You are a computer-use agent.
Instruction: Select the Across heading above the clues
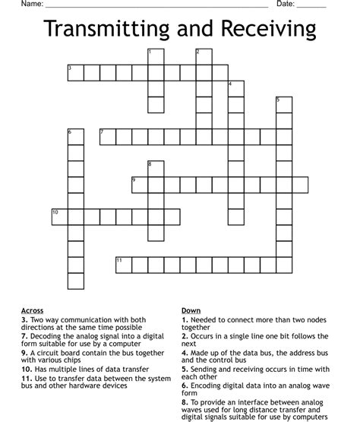pos(33,310)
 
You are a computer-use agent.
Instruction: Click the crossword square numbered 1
pos(155,56)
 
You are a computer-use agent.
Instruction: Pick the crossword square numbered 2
pos(204,56)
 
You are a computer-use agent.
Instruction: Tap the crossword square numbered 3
pos(74,72)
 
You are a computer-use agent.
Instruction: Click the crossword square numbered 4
pos(235,88)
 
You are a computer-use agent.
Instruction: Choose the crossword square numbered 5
pos(284,104)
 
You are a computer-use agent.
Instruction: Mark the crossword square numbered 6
pos(74,137)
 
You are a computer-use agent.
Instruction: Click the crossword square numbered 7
pos(107,137)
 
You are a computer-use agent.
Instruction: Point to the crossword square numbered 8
pos(155,169)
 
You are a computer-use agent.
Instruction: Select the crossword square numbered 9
pos(139,185)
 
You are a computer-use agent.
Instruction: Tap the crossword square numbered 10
pos(58,217)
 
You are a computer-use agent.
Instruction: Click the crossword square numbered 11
pos(123,265)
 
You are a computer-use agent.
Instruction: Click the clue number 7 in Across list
pos(24,335)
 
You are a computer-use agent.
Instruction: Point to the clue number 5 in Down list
pos(185,366)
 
